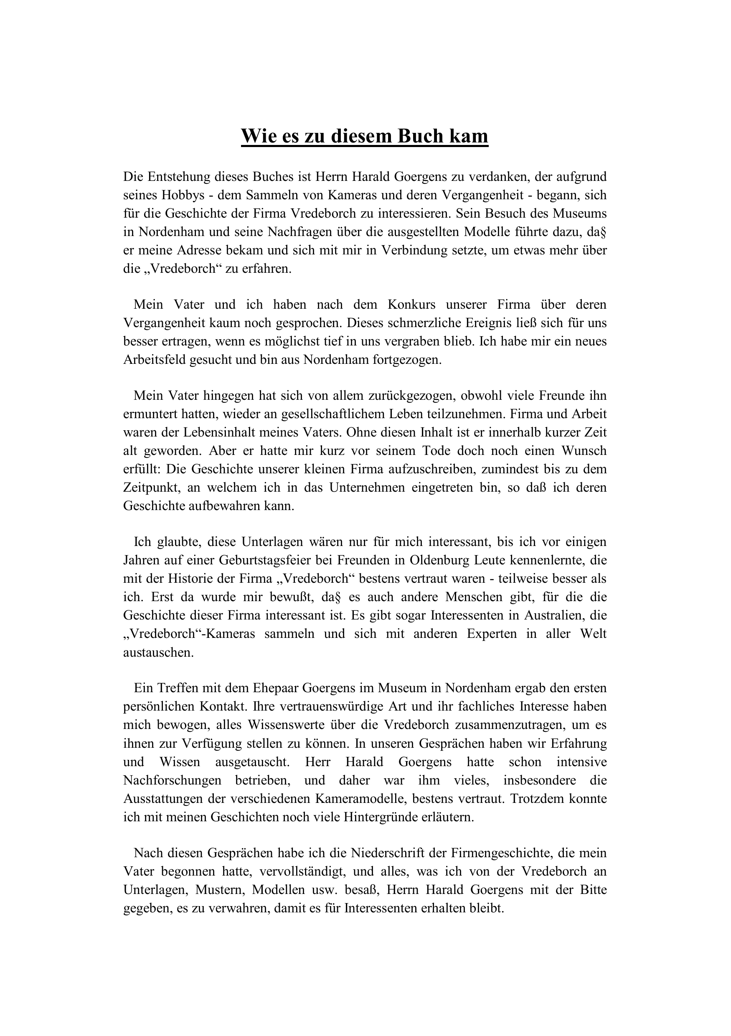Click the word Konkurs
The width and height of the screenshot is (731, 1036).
(x=411, y=305)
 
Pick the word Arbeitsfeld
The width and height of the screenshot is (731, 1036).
(x=153, y=360)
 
